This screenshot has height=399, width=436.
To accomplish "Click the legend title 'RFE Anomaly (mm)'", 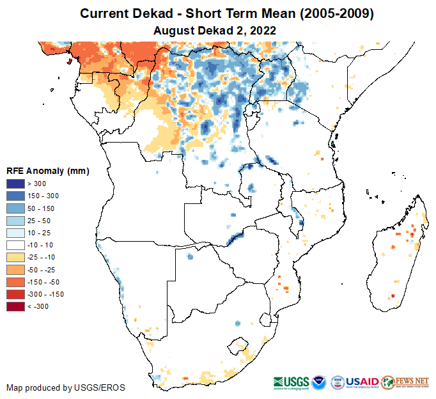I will tap(47, 171).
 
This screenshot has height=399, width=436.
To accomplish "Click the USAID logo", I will tap(355, 382).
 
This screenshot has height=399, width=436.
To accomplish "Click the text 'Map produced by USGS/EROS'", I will tap(65, 387).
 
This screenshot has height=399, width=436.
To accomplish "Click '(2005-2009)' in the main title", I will tap(327, 13).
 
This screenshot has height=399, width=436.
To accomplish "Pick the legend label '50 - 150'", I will tap(42, 208).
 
